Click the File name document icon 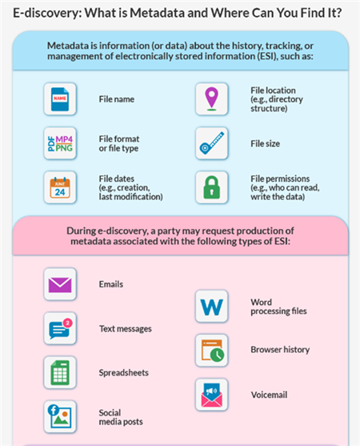point(60,99)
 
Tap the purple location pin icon point(212,98)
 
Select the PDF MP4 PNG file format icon point(60,143)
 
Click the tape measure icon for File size point(212,143)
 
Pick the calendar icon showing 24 point(60,187)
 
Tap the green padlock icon point(212,187)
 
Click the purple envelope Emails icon point(60,285)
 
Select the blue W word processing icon point(212,307)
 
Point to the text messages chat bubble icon point(61,329)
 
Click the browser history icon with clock point(213,351)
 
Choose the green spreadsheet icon point(60,372)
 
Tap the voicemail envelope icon point(212,395)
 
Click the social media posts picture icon point(60,416)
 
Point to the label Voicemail point(269,395)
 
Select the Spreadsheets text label point(123,372)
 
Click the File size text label point(265,143)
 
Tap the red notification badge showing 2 point(68,323)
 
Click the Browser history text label point(280,350)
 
